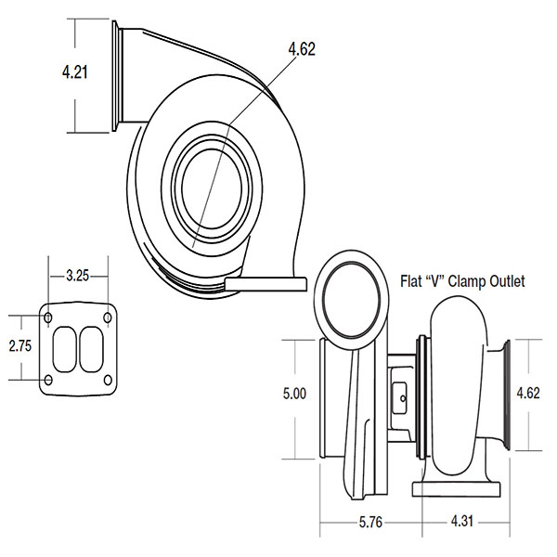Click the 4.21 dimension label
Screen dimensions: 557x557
click(74, 72)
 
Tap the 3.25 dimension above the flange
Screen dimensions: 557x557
click(77, 276)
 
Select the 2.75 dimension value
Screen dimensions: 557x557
click(20, 345)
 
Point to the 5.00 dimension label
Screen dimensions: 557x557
click(294, 394)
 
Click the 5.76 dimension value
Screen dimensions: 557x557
click(370, 522)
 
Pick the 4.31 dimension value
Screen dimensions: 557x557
click(462, 521)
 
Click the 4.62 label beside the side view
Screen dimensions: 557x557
click(528, 393)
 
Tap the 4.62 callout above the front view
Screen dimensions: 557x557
click(302, 49)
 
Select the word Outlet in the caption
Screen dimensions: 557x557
click(507, 281)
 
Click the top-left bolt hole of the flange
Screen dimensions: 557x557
click(48, 317)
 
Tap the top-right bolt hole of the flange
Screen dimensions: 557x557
click(108, 317)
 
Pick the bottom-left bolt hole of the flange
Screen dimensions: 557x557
click(48, 380)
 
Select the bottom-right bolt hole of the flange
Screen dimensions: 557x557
click(108, 380)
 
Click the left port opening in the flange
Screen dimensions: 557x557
click(65, 350)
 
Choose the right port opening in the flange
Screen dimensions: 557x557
click(91, 349)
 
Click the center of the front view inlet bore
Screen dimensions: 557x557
click(212, 188)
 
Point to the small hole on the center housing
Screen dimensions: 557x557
click(403, 398)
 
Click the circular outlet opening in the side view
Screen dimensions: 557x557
click(352, 301)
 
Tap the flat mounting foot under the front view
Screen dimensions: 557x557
click(266, 284)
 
